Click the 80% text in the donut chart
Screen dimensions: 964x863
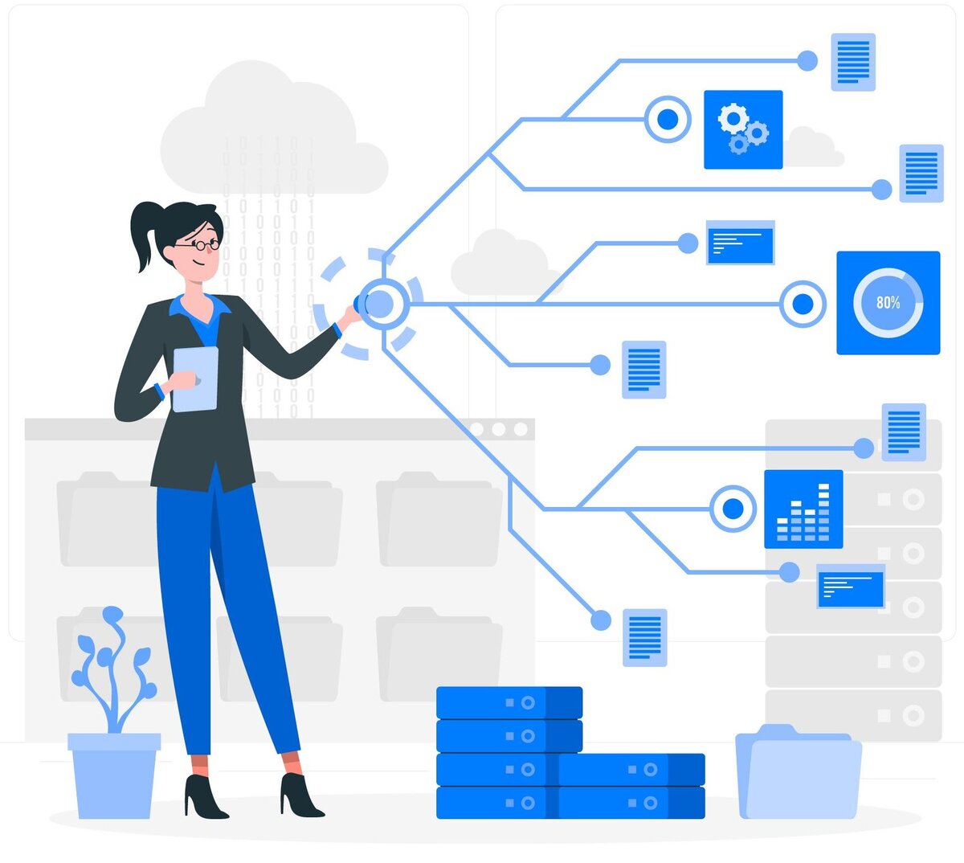[x=888, y=303]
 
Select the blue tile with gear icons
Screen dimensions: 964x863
[x=743, y=129]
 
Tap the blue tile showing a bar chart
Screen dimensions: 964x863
[x=803, y=509]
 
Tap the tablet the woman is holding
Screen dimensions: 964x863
[x=195, y=378]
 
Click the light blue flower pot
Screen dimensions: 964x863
[x=114, y=775]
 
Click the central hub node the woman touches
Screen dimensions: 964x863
[x=382, y=304]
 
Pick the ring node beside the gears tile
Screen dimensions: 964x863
[x=668, y=120]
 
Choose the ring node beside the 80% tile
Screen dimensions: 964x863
[x=803, y=304]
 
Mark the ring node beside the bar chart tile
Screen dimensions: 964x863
[x=733, y=509]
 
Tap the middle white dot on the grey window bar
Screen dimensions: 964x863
[x=499, y=429]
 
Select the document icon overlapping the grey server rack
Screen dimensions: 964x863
[x=904, y=431]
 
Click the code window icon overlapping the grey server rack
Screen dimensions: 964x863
[x=851, y=587]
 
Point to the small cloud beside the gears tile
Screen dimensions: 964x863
[x=813, y=148]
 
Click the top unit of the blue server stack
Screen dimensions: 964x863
[x=509, y=702]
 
